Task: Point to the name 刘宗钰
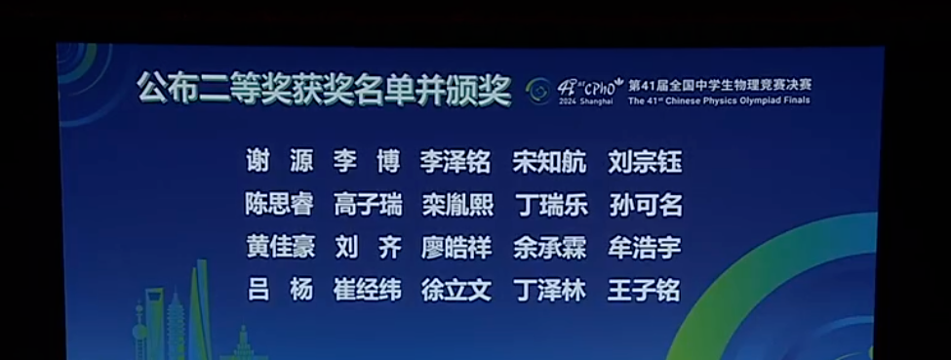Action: click(x=645, y=162)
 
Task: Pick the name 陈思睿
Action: click(x=279, y=205)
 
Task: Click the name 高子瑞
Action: click(x=367, y=205)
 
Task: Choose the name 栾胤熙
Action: click(x=456, y=205)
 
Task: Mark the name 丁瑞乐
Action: click(x=550, y=205)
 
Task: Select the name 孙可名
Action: click(x=645, y=205)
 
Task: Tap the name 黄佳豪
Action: click(x=279, y=248)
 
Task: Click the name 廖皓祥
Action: click(x=456, y=248)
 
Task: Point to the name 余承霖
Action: click(x=550, y=248)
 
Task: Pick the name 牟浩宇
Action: click(x=645, y=248)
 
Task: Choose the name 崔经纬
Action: click(x=367, y=291)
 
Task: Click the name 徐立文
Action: click(x=456, y=291)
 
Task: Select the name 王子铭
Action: click(x=645, y=291)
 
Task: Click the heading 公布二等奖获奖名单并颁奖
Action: click(x=324, y=91)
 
